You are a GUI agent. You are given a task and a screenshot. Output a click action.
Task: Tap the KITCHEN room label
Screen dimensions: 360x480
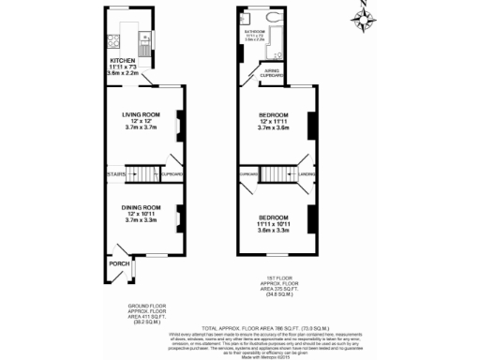coord(124,64)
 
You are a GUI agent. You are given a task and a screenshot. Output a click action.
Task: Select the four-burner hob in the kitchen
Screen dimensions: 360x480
coord(115,39)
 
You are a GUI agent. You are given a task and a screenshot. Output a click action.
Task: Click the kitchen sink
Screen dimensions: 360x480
coord(145,39)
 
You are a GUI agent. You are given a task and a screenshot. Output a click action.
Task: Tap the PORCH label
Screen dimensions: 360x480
coord(120,263)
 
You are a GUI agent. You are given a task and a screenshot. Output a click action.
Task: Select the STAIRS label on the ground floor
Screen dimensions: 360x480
coord(115,173)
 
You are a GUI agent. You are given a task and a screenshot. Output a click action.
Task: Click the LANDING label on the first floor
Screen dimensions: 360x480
coord(306,173)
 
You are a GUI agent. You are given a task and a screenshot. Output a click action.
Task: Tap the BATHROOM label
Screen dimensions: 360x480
coord(254,32)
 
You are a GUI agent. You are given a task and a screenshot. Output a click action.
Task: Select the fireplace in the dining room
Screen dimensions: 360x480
coord(179,222)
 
